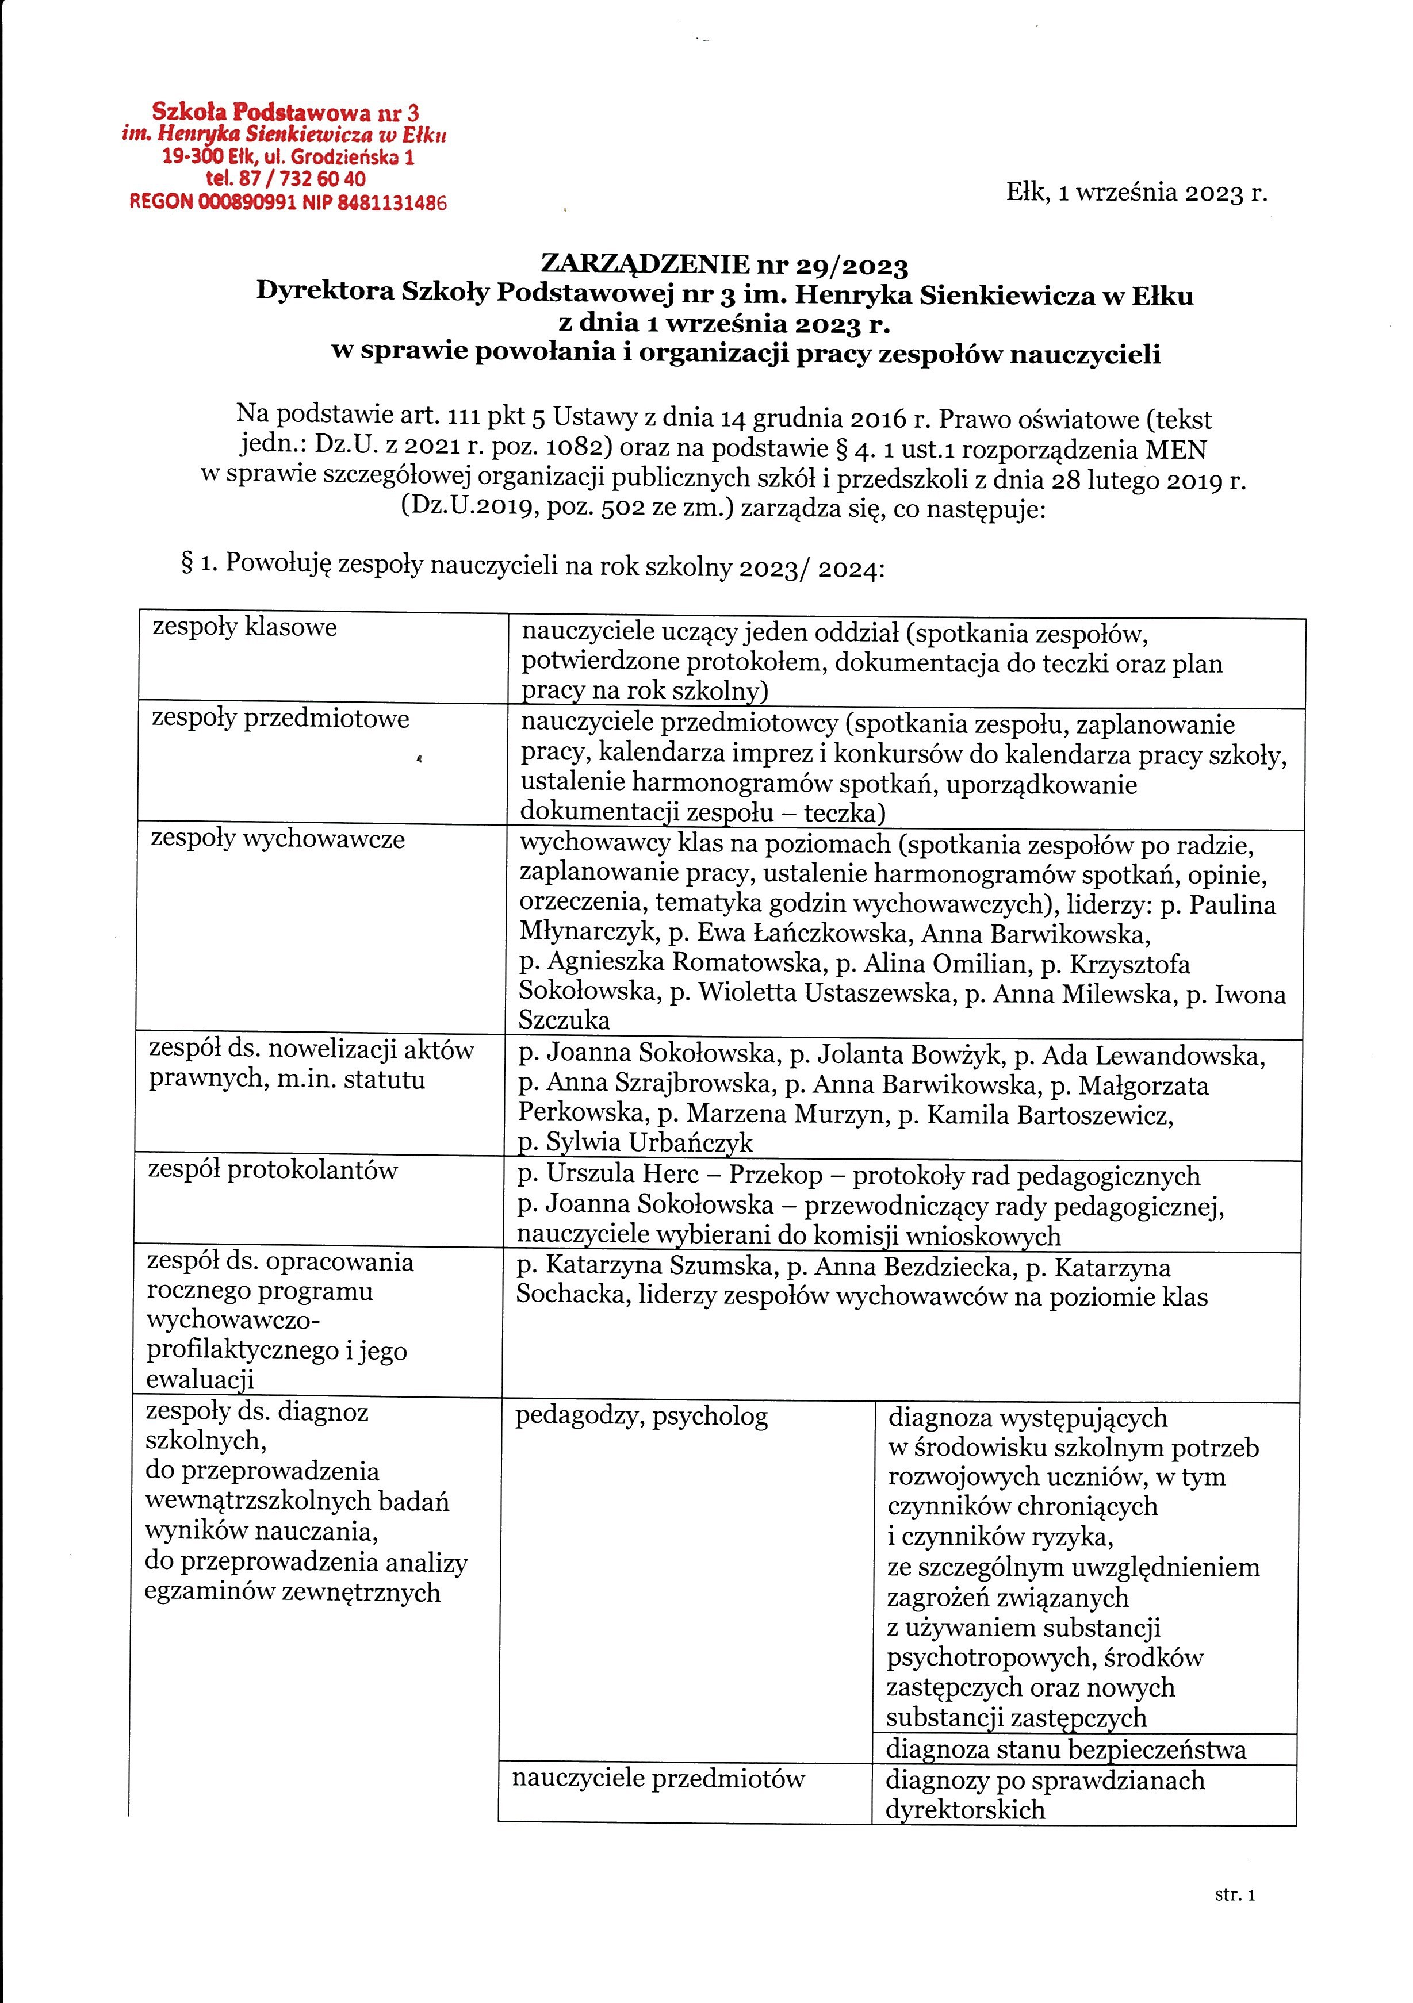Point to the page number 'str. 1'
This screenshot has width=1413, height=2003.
[1234, 1894]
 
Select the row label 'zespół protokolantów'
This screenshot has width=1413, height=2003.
[272, 1170]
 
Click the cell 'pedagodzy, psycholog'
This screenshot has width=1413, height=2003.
[641, 1416]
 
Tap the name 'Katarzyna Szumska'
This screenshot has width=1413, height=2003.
[661, 1268]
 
